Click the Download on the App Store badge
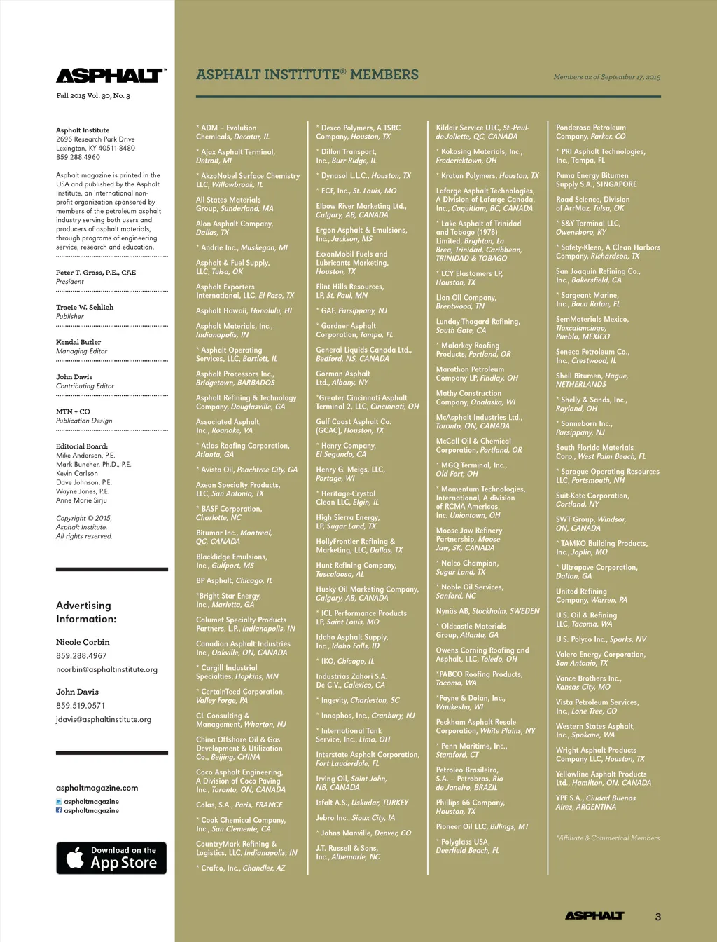coord(111,858)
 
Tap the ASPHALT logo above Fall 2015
coord(111,76)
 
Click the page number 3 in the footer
coord(657,916)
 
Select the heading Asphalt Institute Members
coord(307,75)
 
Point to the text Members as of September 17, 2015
coord(606,77)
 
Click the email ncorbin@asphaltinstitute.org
coord(106,669)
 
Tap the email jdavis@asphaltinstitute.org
coord(104,719)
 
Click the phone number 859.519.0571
coord(81,706)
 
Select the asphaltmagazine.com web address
coord(97,788)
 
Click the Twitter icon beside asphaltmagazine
coord(59,801)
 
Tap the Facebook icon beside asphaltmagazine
coord(59,810)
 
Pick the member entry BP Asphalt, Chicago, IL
coord(234,580)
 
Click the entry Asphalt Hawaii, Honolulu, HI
coord(244,310)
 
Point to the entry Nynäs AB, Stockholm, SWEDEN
coord(487,611)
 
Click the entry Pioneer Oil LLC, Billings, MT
coord(482,826)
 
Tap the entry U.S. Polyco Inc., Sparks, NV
coord(601,639)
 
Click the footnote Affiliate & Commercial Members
coord(608,838)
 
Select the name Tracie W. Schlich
coord(85,307)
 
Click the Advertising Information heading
coord(86,612)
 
